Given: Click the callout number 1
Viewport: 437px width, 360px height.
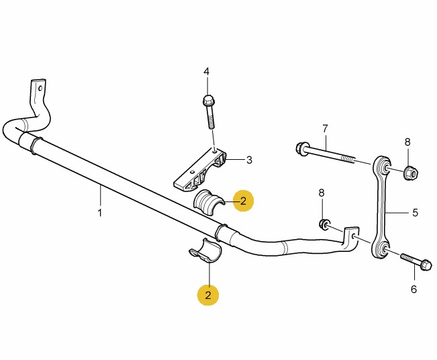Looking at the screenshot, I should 99,213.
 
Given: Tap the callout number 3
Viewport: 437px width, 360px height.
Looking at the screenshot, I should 249,160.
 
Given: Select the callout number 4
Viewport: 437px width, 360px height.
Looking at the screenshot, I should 207,71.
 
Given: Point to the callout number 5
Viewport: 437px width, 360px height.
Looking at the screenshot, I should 415,212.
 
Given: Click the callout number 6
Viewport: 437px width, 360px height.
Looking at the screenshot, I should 414,289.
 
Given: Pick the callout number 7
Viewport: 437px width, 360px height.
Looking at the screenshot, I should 325,128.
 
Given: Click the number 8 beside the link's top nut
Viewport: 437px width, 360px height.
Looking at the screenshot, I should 407,142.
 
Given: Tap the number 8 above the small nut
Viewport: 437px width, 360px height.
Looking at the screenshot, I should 322,193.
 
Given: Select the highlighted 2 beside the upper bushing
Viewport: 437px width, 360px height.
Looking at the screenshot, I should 243,200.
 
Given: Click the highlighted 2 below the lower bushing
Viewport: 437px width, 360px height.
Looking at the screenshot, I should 208,294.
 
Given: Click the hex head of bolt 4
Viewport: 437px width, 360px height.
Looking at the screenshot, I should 207,101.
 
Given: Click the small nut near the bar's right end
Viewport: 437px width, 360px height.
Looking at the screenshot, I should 324,224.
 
